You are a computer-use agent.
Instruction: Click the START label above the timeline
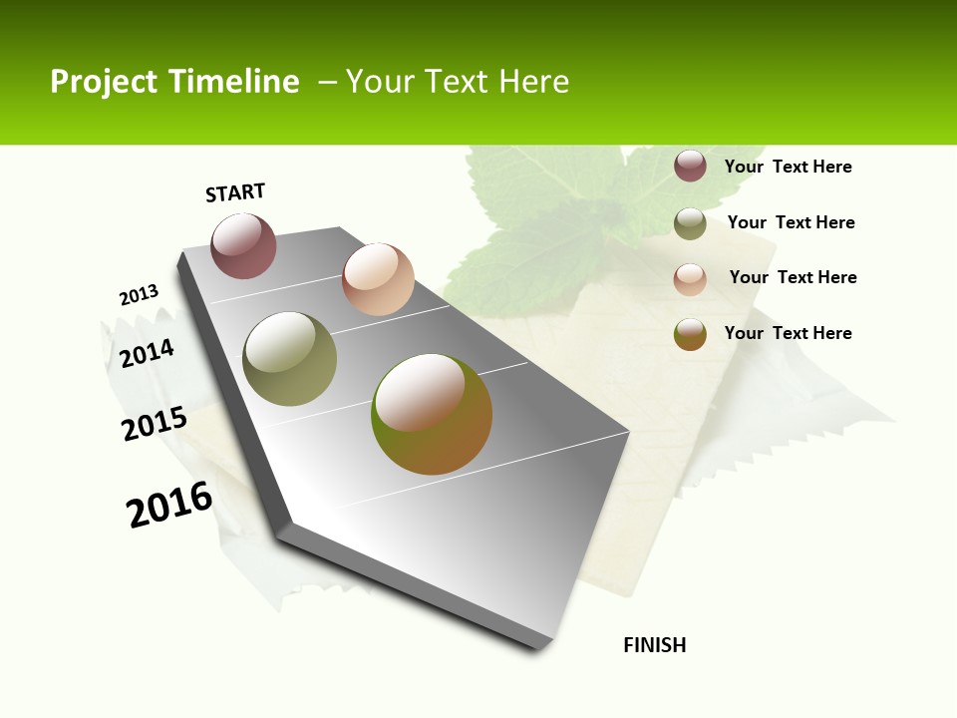click(235, 192)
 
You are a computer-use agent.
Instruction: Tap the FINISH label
click(655, 645)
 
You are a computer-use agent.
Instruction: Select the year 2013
click(139, 295)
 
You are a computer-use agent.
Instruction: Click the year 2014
click(148, 353)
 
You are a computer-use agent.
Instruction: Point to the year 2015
click(155, 423)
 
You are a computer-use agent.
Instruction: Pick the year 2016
click(169, 505)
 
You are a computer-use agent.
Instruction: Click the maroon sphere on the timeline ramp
click(243, 246)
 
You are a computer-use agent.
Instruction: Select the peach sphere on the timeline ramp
click(378, 279)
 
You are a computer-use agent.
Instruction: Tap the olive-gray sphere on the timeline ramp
click(289, 359)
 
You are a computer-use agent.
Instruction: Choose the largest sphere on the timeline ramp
click(432, 414)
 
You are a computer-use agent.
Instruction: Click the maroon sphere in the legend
click(690, 166)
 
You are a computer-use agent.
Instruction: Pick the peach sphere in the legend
click(690, 279)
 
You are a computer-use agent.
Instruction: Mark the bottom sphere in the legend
click(690, 334)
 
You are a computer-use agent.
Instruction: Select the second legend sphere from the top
click(690, 223)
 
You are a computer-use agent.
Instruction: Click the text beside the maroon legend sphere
click(788, 167)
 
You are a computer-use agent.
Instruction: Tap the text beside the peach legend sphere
click(793, 277)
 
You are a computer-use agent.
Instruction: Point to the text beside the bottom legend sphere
click(788, 333)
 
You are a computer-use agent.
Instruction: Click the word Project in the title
click(105, 82)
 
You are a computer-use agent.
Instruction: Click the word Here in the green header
click(533, 82)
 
